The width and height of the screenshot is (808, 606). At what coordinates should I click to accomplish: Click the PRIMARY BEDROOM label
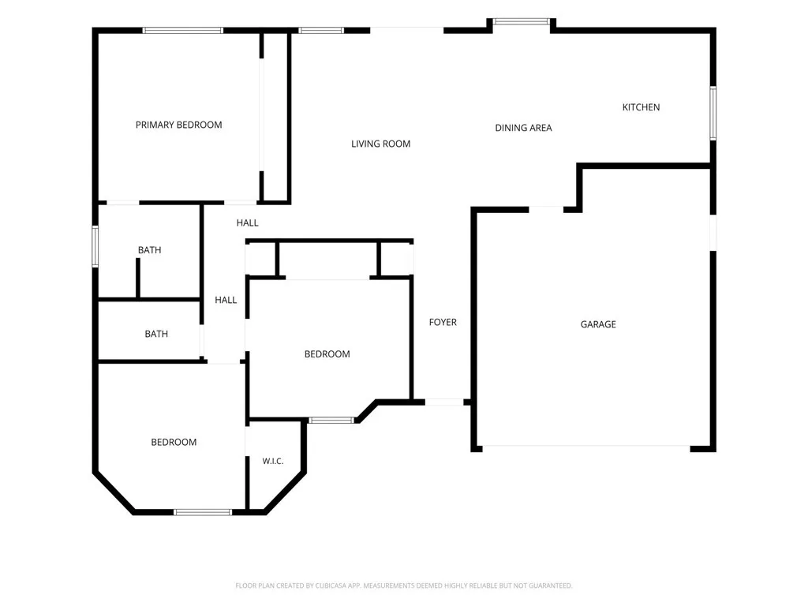point(179,125)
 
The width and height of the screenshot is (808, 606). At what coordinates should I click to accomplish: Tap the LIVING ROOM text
point(381,144)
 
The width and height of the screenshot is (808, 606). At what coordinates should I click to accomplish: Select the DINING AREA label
point(524,128)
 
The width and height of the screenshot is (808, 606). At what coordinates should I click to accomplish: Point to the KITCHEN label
point(641,107)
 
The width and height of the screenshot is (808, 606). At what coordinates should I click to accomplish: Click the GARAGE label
point(598,324)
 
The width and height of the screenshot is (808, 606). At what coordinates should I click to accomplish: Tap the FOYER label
point(443,322)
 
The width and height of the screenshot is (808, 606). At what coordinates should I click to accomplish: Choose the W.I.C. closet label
point(272,461)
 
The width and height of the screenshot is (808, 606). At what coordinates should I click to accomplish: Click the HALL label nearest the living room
point(247,223)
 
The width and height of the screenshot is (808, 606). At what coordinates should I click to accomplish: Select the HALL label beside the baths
point(226,300)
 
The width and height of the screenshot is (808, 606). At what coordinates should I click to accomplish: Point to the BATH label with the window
point(149,250)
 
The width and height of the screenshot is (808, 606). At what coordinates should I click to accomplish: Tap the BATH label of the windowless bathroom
point(156,334)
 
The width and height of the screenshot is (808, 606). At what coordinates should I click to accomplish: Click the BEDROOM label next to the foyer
point(327,354)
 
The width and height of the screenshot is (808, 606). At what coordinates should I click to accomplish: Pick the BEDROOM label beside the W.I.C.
point(174,442)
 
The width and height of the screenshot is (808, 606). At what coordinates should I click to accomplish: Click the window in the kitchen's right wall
point(713,114)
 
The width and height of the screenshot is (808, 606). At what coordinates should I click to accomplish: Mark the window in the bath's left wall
point(95,246)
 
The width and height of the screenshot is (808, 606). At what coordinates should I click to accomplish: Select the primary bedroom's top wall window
point(182,31)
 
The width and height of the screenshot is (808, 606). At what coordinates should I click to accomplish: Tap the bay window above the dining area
point(522,21)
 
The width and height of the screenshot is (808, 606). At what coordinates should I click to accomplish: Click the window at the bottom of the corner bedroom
point(203,512)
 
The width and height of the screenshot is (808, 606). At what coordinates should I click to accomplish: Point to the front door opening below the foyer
point(444,402)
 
